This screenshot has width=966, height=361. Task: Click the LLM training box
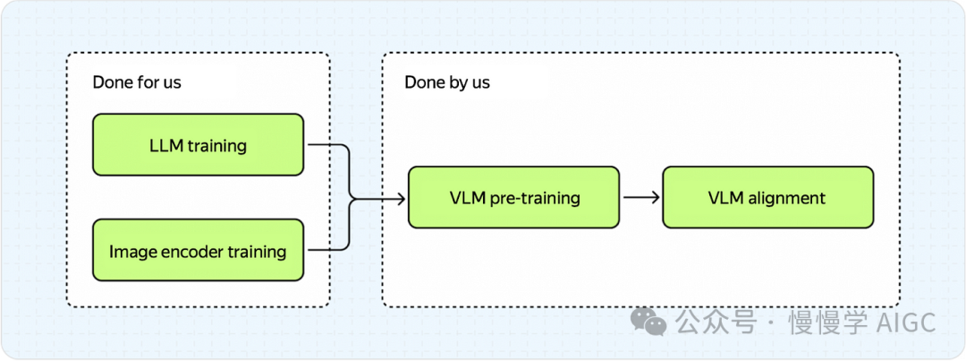click(x=198, y=144)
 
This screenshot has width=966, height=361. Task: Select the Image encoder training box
click(x=198, y=251)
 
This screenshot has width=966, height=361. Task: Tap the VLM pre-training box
click(x=513, y=197)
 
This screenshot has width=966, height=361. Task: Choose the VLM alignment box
click(x=767, y=197)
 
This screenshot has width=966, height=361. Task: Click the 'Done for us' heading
click(x=137, y=82)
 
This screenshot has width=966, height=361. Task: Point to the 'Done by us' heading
click(x=447, y=82)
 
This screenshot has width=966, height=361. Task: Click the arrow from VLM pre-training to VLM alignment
click(x=640, y=197)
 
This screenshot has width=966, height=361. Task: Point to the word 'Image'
click(x=128, y=252)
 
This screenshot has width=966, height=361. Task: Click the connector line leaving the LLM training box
click(x=324, y=144)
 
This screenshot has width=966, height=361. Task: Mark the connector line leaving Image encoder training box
click(x=324, y=250)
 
